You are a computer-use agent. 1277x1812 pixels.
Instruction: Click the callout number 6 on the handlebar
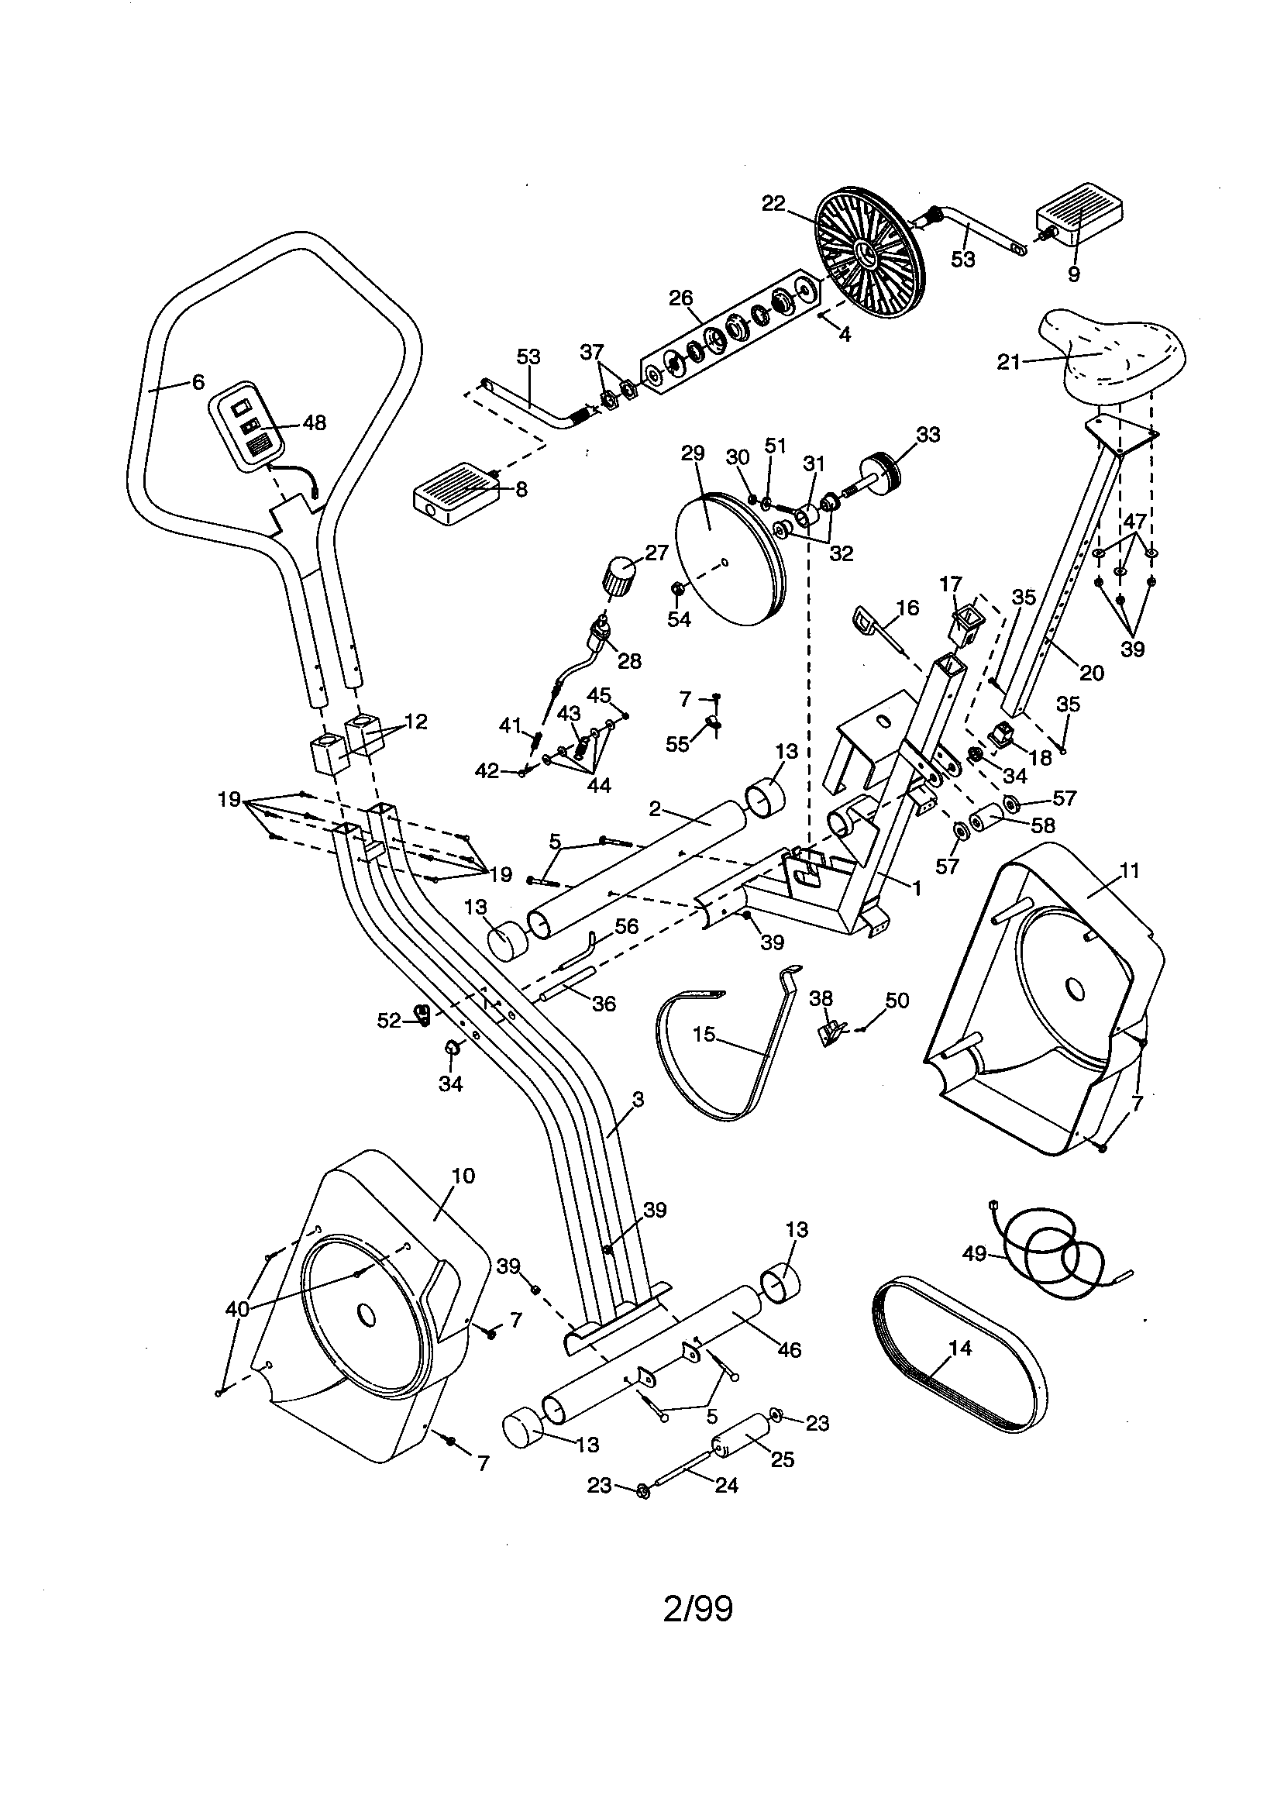pyautogui.click(x=198, y=382)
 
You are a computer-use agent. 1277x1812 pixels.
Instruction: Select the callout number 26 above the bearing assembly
pyautogui.click(x=680, y=298)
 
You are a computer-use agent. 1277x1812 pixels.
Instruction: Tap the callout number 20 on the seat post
pyautogui.click(x=1092, y=673)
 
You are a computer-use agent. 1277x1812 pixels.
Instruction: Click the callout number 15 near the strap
pyautogui.click(x=704, y=1034)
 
